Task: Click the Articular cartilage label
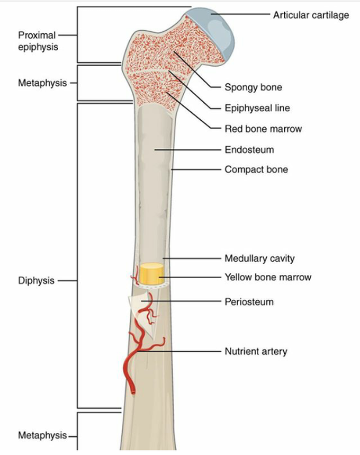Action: [311, 15]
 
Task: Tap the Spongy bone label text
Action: [253, 87]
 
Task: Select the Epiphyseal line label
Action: [257, 108]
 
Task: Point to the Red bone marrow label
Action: [264, 129]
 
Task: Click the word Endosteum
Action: [249, 150]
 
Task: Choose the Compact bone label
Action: [256, 169]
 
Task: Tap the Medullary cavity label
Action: [259, 258]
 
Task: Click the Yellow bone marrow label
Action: [268, 277]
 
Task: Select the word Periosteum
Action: [249, 302]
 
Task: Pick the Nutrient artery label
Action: [256, 351]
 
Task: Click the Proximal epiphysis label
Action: [38, 41]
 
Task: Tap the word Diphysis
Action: [36, 281]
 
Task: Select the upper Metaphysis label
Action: [42, 83]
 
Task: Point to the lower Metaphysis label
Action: [42, 435]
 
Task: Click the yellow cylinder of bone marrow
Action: [151, 274]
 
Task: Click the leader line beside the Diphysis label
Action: [68, 281]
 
